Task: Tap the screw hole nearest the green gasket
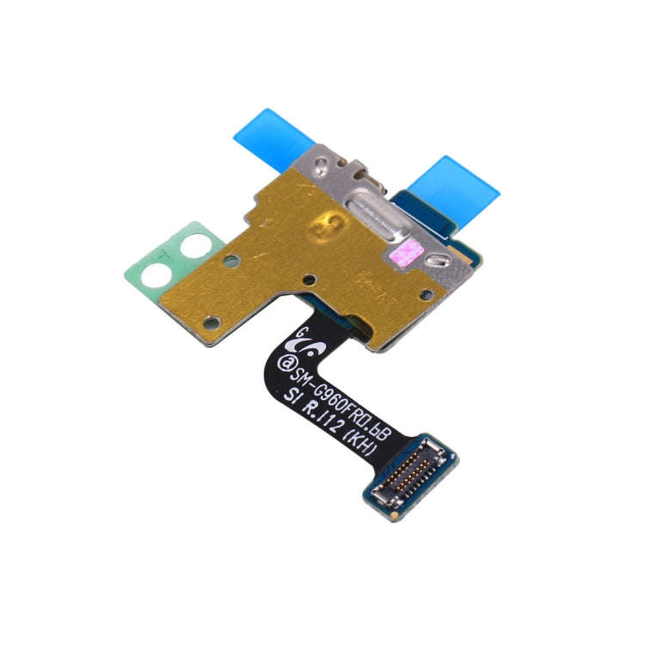point(231,258)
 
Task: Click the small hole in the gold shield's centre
point(308,279)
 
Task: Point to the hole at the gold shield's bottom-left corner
point(212,322)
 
